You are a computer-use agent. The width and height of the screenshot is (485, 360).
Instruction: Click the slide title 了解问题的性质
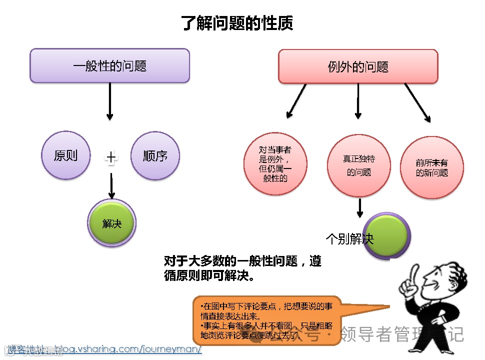237,23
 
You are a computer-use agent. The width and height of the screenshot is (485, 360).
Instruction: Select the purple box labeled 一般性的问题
110,65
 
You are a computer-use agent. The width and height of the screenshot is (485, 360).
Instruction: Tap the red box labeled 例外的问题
358,66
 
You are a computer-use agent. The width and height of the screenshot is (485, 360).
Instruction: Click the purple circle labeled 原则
65,155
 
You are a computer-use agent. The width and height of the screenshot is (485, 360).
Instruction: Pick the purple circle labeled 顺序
155,155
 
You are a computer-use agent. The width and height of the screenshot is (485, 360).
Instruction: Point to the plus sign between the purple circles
111,158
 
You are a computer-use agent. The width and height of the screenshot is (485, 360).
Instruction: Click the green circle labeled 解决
111,223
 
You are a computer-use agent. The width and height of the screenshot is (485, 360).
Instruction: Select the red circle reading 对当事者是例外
275,163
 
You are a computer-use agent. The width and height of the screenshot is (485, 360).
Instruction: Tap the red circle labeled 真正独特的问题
359,165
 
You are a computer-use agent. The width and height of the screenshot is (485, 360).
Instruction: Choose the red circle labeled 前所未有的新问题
432,167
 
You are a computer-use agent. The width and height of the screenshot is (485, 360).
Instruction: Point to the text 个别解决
349,239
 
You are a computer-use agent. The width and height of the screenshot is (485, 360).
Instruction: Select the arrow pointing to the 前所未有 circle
417,102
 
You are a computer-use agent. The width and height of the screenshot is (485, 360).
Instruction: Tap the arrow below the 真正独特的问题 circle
359,207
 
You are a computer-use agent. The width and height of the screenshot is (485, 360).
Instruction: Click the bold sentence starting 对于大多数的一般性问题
242,268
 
